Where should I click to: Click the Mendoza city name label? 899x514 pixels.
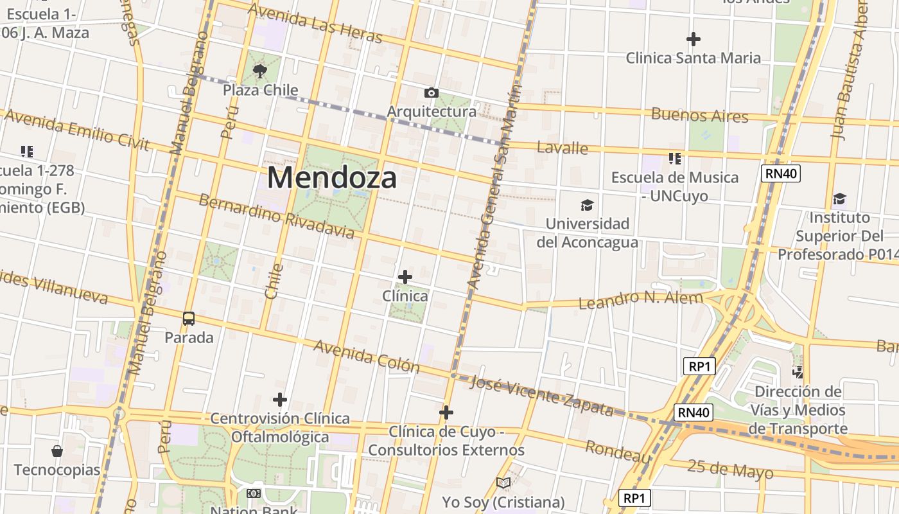332,177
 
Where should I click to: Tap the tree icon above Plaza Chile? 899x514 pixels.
260,71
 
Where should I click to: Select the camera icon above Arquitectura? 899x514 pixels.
432,93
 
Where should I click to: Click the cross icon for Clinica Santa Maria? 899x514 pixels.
693,39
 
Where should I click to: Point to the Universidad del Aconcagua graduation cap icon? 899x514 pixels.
587,206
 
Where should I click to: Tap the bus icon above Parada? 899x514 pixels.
189,318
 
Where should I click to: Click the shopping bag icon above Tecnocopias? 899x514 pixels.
57,450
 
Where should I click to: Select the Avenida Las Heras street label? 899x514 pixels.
315,23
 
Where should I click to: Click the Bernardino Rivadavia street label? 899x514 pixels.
276,216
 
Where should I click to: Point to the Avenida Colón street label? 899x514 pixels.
366,357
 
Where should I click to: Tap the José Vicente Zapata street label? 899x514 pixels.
541,395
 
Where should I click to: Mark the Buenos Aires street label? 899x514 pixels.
700,116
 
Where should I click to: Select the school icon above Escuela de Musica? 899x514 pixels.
674,158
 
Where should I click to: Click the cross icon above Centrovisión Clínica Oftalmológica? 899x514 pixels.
279,400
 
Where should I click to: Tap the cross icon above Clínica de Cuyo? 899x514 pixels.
446,412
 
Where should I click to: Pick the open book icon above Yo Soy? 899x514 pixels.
503,483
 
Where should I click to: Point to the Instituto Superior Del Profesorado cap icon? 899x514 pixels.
839,199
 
